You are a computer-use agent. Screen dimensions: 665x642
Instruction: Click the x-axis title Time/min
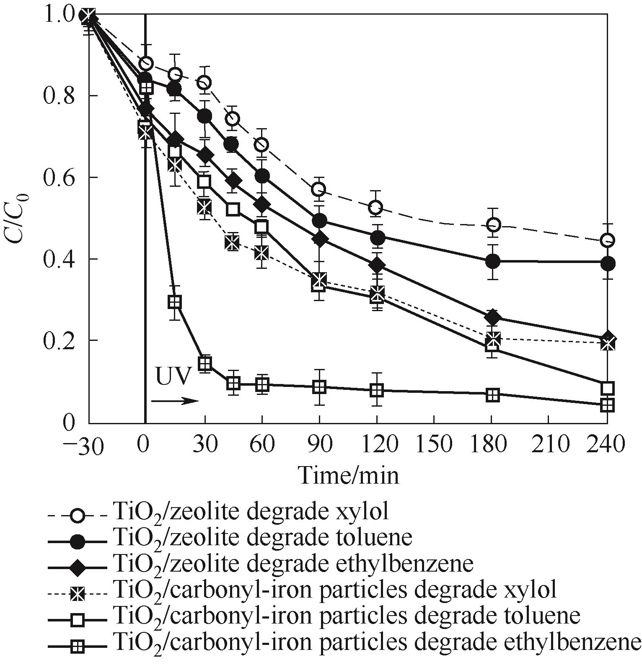(348, 476)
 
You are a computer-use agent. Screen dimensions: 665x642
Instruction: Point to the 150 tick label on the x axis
(434, 443)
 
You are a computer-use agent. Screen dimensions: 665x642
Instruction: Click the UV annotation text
(170, 377)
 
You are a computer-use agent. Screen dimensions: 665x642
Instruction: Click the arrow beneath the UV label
(174, 401)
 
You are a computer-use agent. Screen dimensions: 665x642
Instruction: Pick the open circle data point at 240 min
(607, 240)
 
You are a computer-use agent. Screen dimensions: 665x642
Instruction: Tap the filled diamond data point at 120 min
(377, 265)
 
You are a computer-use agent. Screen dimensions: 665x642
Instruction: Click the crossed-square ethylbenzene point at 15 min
(175, 302)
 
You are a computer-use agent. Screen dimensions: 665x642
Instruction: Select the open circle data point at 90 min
(319, 189)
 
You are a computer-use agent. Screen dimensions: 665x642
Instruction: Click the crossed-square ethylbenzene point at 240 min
(607, 405)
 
